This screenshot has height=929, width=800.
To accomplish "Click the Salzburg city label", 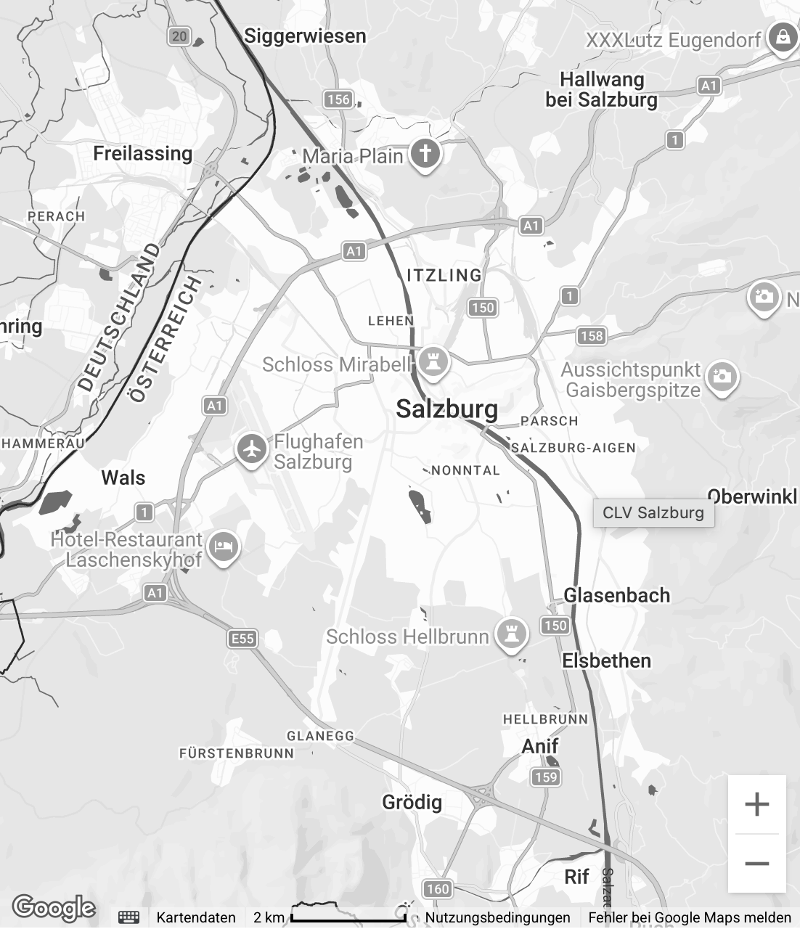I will click(x=447, y=409).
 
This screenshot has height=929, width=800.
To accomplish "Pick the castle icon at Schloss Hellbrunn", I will click(x=512, y=635).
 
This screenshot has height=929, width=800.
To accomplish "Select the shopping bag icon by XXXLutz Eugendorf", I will click(x=782, y=38).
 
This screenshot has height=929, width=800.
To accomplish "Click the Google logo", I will click(x=54, y=907).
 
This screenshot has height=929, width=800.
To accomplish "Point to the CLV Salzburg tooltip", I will click(x=653, y=512).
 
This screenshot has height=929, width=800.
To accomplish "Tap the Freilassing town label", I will click(x=143, y=154).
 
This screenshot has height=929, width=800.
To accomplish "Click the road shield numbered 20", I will click(x=179, y=36).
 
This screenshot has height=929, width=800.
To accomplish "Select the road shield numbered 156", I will click(x=338, y=99).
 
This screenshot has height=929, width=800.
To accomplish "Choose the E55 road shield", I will click(x=242, y=638).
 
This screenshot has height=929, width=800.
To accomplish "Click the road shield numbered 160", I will click(x=438, y=889).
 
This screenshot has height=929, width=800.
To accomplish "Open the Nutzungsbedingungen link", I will click(x=497, y=917).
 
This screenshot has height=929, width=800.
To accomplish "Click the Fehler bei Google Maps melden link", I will click(x=690, y=917).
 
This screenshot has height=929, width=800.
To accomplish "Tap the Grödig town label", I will click(x=412, y=802).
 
